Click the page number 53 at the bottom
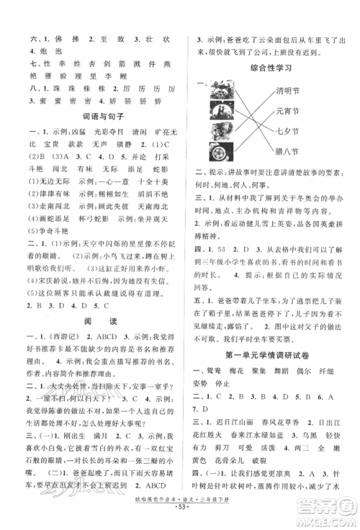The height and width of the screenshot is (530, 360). (179, 519)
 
